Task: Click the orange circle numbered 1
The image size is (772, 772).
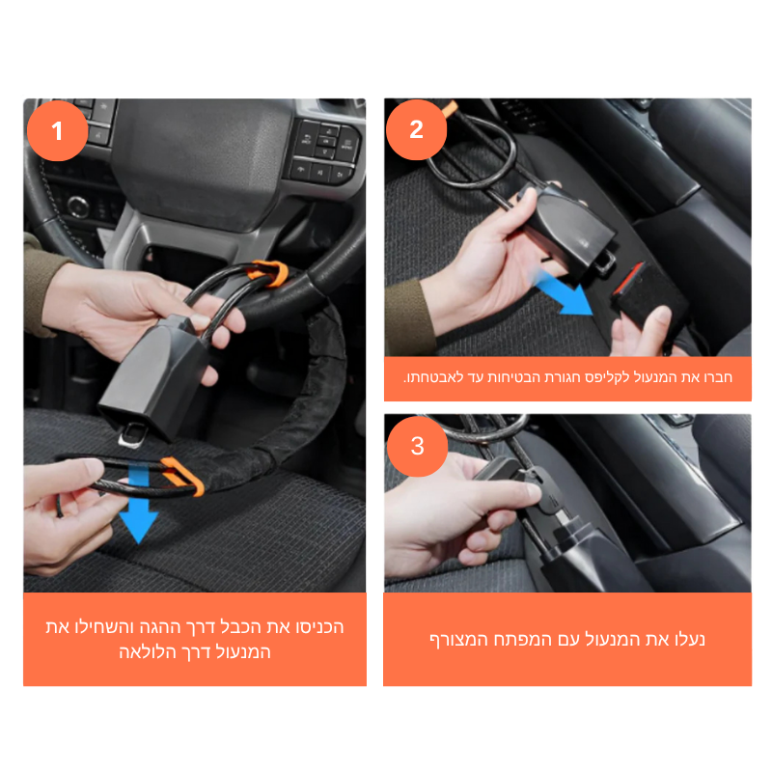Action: coord(58,130)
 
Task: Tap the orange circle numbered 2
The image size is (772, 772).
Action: coord(417,129)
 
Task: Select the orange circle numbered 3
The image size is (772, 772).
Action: coord(418,446)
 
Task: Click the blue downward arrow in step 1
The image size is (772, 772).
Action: coord(138,502)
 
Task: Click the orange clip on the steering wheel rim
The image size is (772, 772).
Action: coord(269,274)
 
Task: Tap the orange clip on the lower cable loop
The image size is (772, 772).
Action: coord(182,476)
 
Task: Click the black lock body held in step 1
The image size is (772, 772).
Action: coord(152,374)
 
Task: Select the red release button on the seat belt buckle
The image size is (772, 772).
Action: coord(628,279)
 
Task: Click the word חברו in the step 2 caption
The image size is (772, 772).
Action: coord(718,377)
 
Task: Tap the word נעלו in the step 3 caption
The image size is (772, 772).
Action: coord(690,640)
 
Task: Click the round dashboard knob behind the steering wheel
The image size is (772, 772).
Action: coord(78,207)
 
